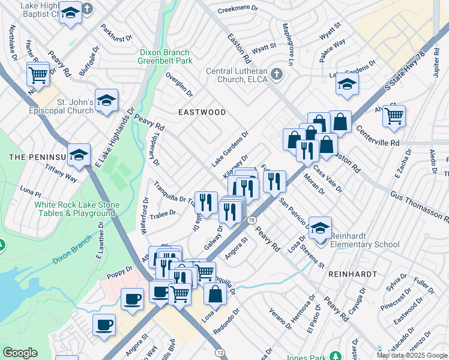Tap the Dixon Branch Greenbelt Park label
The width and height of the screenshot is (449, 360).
tap(164, 57)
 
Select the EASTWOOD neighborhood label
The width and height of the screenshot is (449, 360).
tap(202, 112)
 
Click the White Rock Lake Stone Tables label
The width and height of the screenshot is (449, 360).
tap(76, 209)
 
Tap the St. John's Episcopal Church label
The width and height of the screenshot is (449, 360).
tap(63, 106)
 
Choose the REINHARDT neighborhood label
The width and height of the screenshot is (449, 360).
tap(352, 273)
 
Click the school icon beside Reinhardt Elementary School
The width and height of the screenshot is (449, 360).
tap(321, 229)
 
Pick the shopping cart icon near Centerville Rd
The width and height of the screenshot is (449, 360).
tap(394, 116)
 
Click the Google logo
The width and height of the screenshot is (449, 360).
tap(20, 353)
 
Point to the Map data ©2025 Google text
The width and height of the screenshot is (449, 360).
tap(411, 355)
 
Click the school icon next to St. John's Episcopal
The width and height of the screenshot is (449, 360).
tap(106, 101)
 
